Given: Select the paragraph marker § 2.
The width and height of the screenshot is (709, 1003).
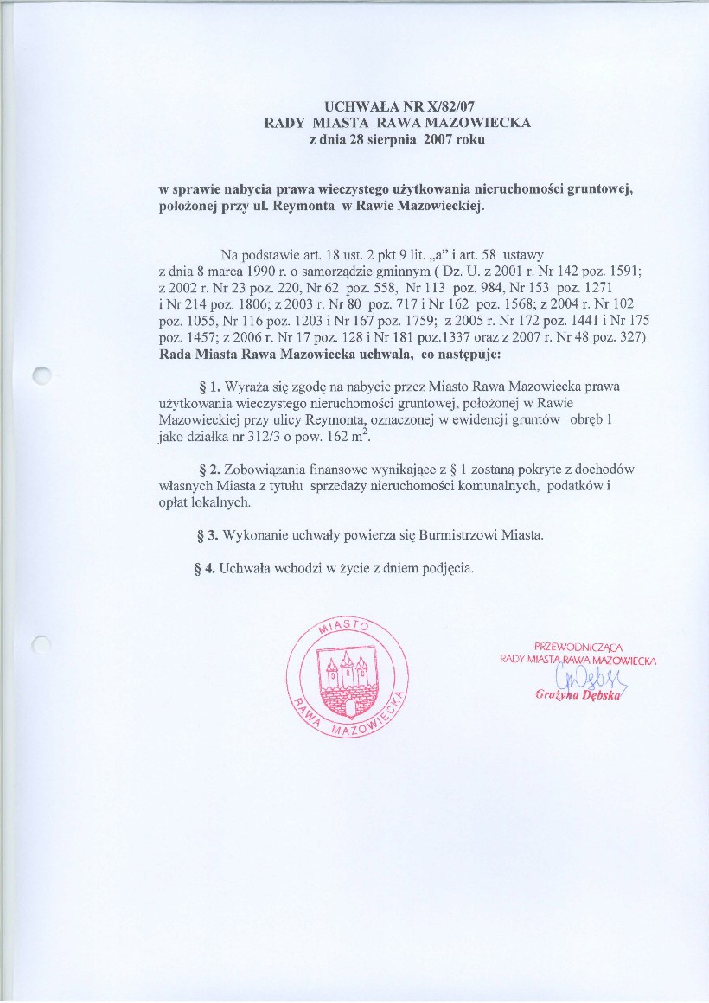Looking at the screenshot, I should [x=208, y=470].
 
